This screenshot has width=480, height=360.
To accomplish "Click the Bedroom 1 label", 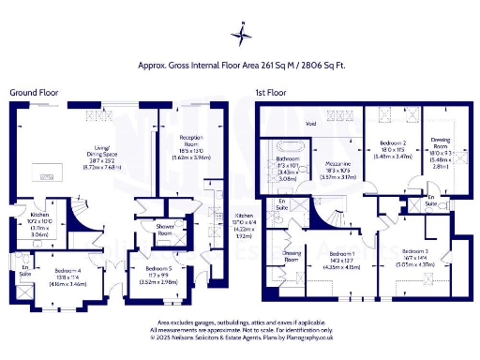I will (339, 253).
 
